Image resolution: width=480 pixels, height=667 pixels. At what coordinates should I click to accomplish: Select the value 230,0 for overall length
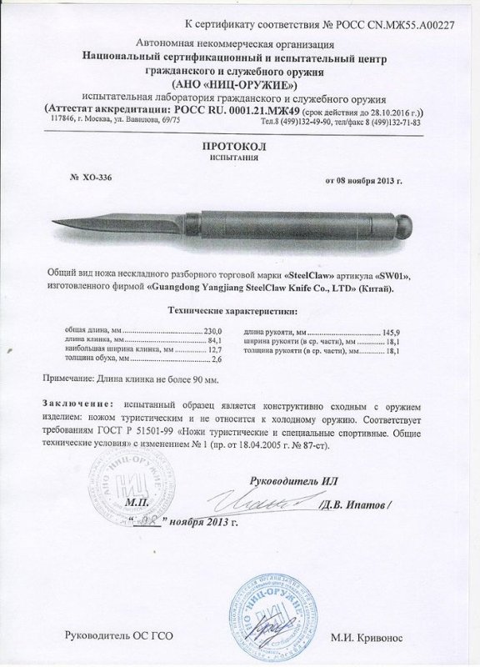tap(214, 331)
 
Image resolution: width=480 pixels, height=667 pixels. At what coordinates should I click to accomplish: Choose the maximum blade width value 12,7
tap(215, 351)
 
